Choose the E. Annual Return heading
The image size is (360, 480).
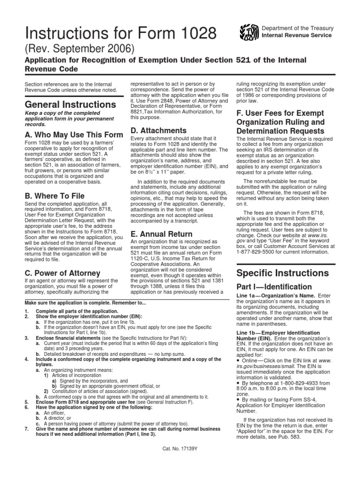tap(161, 234)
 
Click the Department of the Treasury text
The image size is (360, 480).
tap(296, 28)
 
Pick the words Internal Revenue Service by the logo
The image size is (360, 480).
tap(296, 35)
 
